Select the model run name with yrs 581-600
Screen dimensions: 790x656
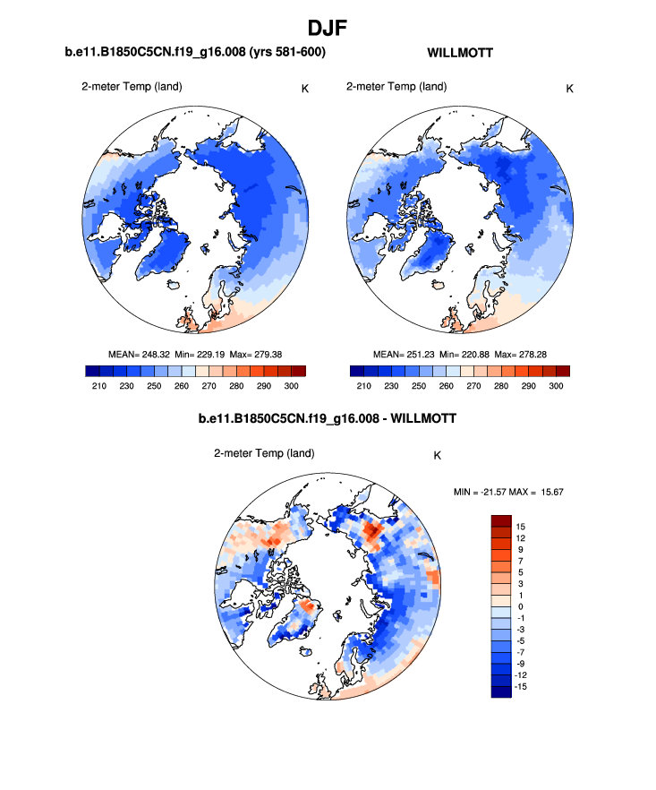pyautogui.click(x=194, y=53)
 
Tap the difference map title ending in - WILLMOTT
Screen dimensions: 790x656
pyautogui.click(x=328, y=418)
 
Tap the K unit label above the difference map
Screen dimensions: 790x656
pyautogui.click(x=437, y=455)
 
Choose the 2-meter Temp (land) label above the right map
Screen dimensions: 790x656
pyautogui.click(x=396, y=87)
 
